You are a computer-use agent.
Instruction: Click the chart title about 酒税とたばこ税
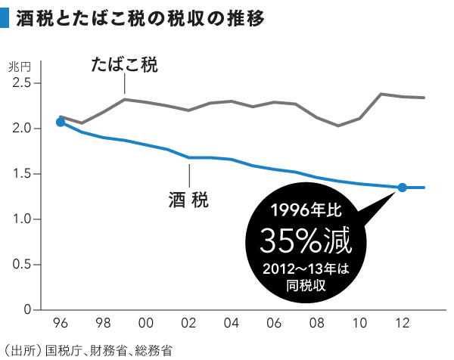[x=140, y=18]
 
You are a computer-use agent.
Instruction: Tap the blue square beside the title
[x=5, y=18]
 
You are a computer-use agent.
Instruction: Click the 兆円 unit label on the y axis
[x=20, y=67]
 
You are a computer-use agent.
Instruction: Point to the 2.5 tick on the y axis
[x=22, y=83]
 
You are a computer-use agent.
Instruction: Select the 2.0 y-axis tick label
[x=22, y=129]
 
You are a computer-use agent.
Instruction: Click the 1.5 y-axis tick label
[x=22, y=174]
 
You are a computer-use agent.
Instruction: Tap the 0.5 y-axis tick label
[x=22, y=265]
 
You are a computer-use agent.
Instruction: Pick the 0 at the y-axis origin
[x=27, y=310]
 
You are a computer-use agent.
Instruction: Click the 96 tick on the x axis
[x=61, y=323]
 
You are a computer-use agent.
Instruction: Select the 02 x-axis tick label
[x=188, y=323]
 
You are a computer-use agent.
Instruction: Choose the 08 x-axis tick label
[x=317, y=323]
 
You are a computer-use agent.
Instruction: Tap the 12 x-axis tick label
[x=403, y=323]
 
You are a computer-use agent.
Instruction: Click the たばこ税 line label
[x=125, y=64]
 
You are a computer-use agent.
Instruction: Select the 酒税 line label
[x=188, y=200]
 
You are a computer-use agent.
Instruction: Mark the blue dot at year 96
[x=61, y=123]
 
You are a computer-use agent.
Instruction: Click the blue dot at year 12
[x=403, y=188]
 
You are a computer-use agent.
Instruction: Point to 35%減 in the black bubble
[x=306, y=241]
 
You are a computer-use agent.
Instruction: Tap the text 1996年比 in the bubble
[x=306, y=209]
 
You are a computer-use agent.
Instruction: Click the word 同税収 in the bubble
[x=306, y=286]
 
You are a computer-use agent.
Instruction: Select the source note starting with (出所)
[x=88, y=351]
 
